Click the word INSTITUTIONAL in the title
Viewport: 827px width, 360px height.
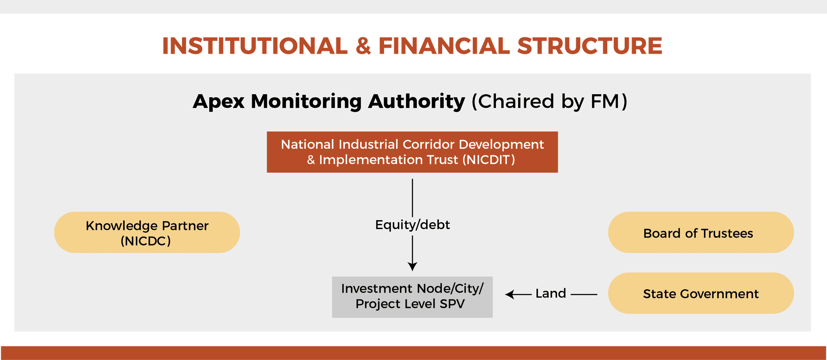point(255,46)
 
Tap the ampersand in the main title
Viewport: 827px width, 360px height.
point(363,46)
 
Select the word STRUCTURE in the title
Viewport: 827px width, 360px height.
point(590,46)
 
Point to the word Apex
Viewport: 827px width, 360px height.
point(218,101)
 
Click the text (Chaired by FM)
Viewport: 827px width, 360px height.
point(550,101)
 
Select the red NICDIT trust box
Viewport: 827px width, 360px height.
point(412,152)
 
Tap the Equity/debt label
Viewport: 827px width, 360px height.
point(412,225)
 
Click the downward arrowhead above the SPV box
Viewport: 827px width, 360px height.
point(412,267)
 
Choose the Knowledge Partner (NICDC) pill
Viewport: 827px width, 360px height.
point(147,232)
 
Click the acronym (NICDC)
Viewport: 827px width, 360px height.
point(146,241)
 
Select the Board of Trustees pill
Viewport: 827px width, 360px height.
point(701,232)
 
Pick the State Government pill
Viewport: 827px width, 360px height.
point(701,293)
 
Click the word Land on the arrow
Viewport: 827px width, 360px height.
point(551,293)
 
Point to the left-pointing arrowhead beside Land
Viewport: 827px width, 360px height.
point(510,295)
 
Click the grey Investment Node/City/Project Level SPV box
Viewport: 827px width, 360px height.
point(412,297)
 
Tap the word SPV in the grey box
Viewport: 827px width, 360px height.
point(452,304)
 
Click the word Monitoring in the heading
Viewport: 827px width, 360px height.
point(306,101)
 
